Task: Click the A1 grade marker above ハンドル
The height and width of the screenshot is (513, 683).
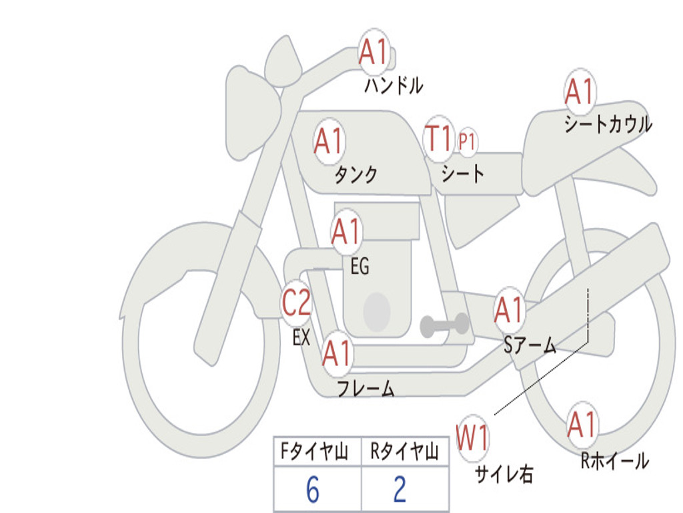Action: tap(374, 52)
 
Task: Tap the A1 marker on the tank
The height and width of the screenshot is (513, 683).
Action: tap(329, 142)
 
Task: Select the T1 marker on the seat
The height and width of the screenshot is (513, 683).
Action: tap(439, 139)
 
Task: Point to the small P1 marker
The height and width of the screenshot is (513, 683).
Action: tap(466, 142)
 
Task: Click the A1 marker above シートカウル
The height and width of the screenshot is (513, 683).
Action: tap(580, 91)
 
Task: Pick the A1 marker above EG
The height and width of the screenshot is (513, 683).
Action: tap(346, 232)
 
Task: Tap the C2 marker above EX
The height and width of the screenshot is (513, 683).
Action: tap(296, 303)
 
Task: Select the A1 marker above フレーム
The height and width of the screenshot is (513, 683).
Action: tap(337, 353)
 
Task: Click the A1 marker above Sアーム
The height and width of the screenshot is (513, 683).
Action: tap(508, 310)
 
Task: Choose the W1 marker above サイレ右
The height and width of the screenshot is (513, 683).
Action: tap(473, 438)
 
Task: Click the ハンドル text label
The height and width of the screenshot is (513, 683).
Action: tap(394, 85)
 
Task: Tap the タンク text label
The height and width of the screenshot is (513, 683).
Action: tap(356, 174)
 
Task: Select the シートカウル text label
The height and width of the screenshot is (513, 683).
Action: tap(608, 124)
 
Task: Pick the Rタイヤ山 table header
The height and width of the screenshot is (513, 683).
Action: tap(404, 451)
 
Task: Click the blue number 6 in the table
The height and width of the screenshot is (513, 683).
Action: tap(313, 490)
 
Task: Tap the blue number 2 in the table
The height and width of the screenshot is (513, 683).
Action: tap(400, 490)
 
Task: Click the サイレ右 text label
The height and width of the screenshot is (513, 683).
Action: tap(504, 474)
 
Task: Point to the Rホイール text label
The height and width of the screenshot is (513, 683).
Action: tap(614, 461)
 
